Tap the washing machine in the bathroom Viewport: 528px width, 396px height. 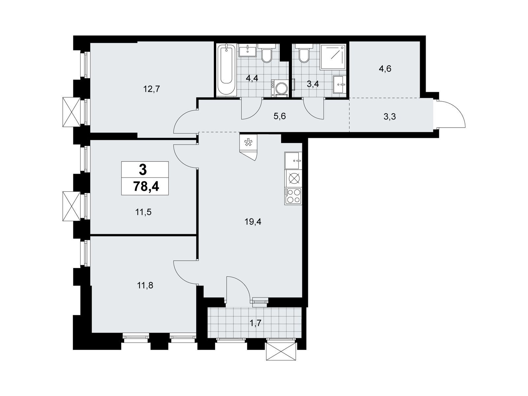[280, 88]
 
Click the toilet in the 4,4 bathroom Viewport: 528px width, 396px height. [266, 53]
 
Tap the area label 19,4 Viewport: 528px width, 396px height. [253, 222]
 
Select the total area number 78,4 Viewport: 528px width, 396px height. [146, 186]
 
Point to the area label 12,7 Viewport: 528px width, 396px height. [151, 89]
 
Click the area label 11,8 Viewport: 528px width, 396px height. [145, 285]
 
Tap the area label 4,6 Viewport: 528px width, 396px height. [385, 69]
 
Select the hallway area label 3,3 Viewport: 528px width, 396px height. [390, 117]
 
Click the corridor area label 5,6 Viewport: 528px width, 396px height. [280, 116]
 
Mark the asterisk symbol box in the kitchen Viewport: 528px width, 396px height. [248, 142]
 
